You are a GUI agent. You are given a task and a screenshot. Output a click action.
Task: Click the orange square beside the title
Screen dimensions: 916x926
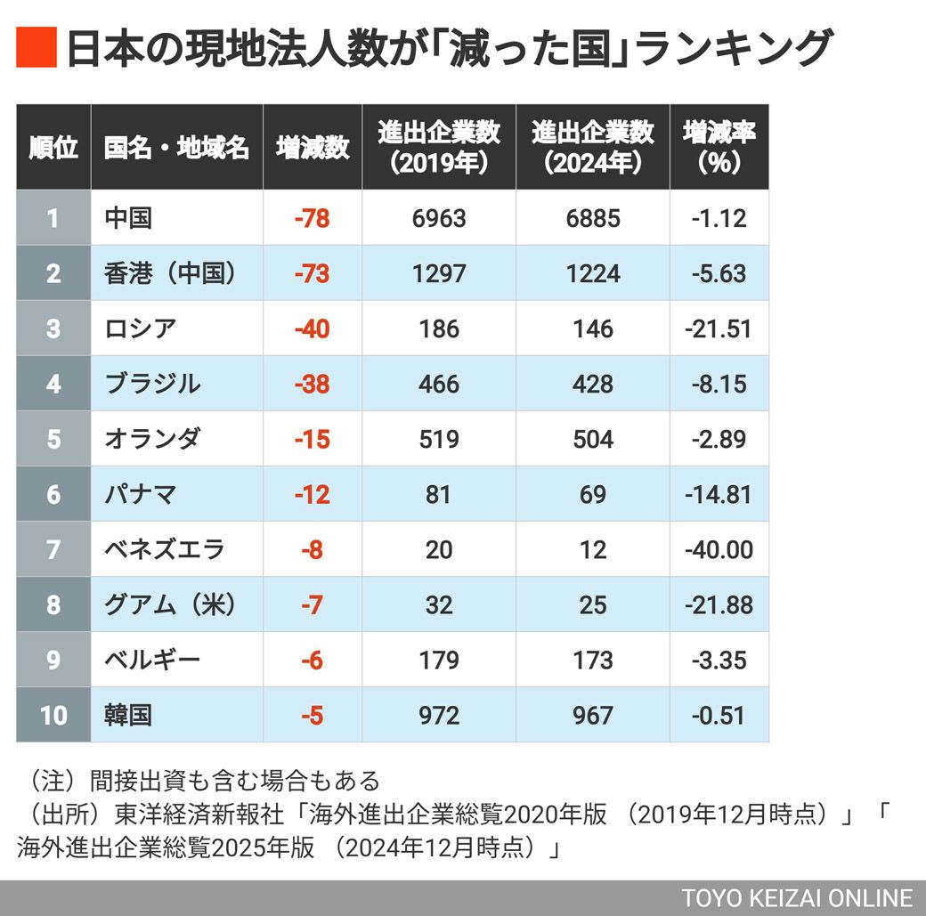click(37, 48)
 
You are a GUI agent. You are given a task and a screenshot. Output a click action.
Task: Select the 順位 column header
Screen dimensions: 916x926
click(53, 148)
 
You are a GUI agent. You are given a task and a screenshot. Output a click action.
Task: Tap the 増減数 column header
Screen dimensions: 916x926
click(312, 148)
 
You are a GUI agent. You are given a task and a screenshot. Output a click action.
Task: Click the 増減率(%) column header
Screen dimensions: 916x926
click(719, 148)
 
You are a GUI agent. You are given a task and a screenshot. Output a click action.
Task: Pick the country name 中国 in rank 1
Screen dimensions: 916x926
click(128, 218)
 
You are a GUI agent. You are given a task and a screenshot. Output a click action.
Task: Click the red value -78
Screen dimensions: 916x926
click(312, 218)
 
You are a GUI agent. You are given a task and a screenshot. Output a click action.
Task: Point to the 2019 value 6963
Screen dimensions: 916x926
click(439, 218)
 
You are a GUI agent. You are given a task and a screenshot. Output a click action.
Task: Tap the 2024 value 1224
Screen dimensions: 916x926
click(593, 273)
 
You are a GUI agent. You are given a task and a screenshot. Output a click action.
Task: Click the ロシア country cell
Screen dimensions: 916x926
click(141, 328)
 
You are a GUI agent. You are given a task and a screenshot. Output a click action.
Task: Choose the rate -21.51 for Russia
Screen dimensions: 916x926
click(719, 328)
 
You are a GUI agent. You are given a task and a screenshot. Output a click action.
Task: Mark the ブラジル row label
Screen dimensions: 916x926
click(152, 384)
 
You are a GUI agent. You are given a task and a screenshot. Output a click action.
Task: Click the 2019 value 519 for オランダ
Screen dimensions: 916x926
click(439, 439)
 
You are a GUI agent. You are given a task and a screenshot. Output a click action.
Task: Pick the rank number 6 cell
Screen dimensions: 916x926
click(53, 494)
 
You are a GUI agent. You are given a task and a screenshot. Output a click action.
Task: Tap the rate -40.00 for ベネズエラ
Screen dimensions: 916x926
click(719, 549)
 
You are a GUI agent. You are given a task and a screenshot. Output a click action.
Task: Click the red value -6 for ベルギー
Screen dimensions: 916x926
click(312, 660)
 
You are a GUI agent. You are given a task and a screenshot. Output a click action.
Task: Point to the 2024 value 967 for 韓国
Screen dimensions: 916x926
click(593, 715)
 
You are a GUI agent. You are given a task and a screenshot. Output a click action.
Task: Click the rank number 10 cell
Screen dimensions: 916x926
click(53, 715)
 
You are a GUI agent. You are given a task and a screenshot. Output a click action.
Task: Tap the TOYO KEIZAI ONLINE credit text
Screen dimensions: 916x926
click(797, 897)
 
